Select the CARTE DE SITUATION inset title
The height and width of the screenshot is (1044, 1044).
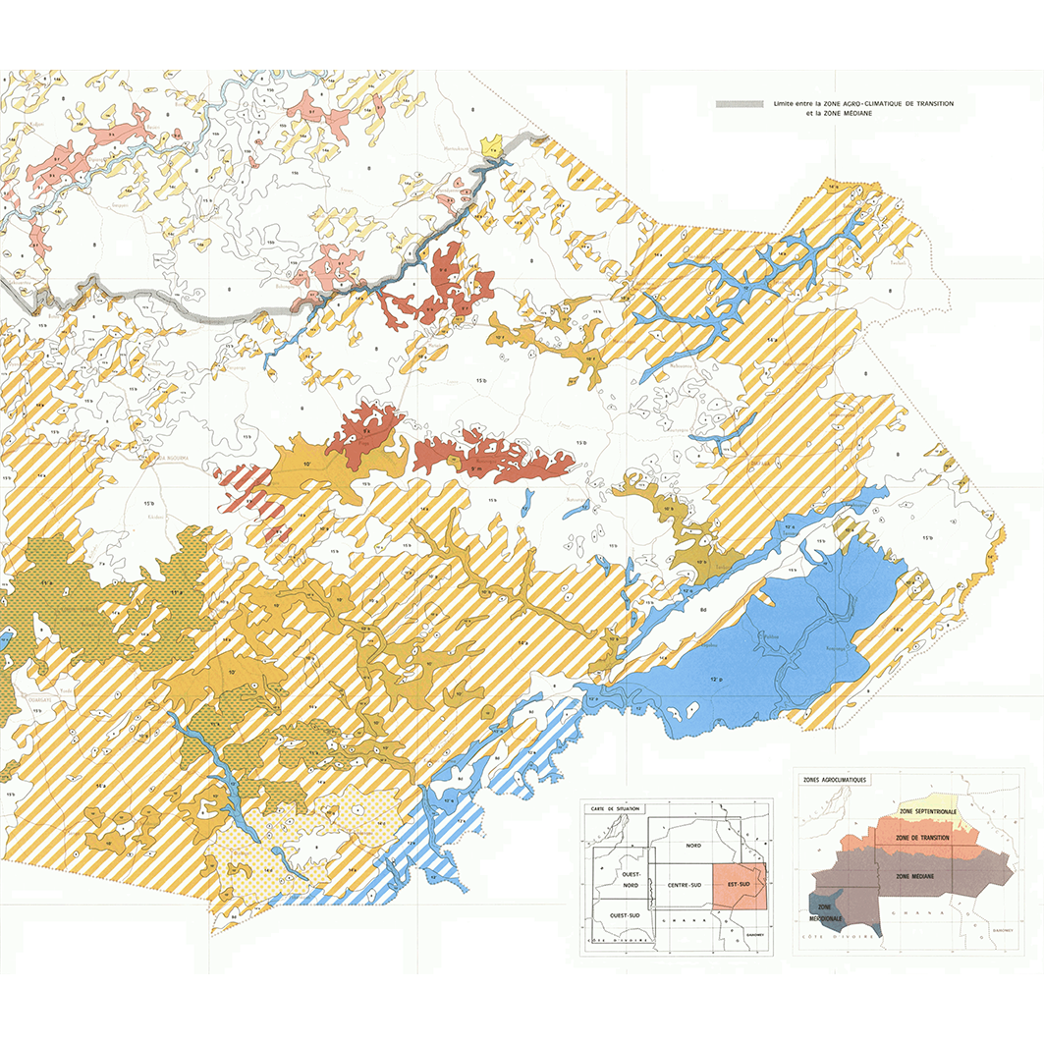click(613, 807)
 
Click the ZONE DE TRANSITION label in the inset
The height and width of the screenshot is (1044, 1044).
click(921, 837)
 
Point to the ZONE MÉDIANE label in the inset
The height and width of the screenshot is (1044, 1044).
click(915, 875)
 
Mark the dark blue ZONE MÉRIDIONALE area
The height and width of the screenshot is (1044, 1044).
click(823, 911)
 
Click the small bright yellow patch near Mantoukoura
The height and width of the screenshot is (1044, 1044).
click(492, 148)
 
